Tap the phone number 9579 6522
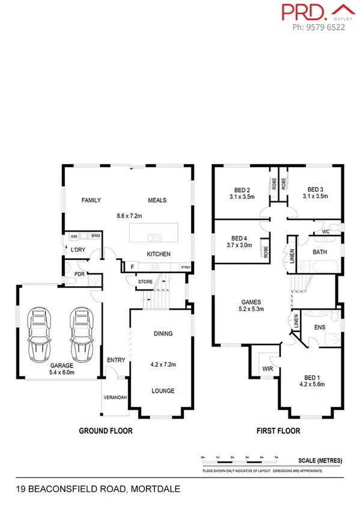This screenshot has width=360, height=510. pos(319,27)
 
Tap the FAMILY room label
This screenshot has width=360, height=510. pos(91,200)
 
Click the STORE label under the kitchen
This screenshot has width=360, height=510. pos(145,281)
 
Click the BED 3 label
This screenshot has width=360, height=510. pos(314,188)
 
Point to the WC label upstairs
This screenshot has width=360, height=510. pos(325,232)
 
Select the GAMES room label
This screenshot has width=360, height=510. pos(251,303)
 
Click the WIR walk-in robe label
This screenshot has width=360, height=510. pos(267,369)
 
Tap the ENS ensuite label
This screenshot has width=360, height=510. pos(320,328)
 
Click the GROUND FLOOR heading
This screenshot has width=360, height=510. pos(106,431)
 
